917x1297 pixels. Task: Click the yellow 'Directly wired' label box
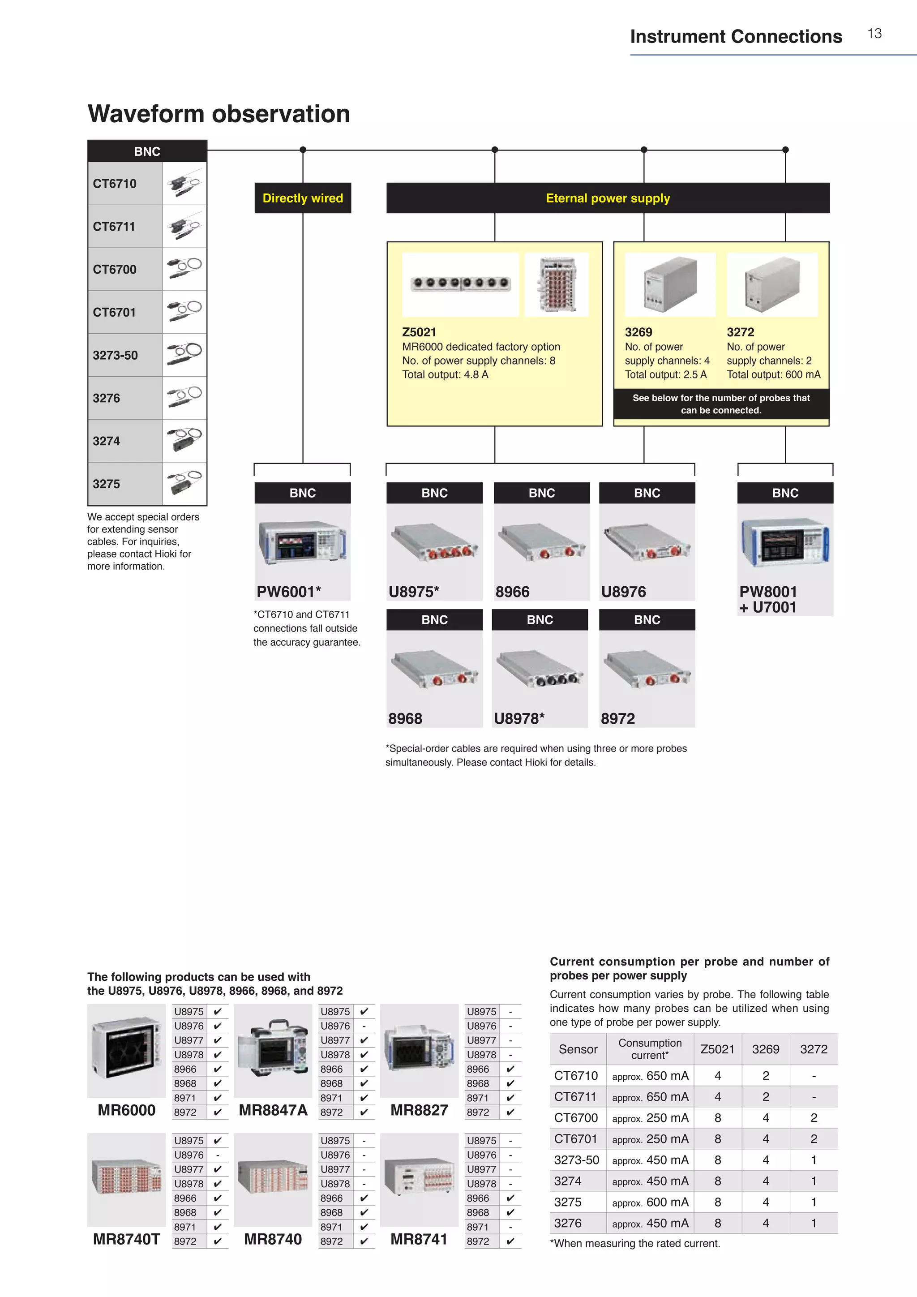tap(303, 198)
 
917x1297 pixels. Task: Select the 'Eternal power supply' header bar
tap(608, 198)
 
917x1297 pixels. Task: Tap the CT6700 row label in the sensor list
tap(115, 270)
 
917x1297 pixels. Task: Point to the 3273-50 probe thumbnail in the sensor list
tap(184, 355)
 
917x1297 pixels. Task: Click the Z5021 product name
tap(419, 332)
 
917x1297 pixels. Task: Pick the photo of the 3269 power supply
tap(670, 284)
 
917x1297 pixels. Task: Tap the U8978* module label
tap(519, 718)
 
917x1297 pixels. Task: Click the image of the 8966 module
tap(541, 542)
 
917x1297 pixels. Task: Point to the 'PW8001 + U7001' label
tap(768, 599)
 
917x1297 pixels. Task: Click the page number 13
tap(874, 34)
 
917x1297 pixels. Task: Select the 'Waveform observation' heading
tap(219, 114)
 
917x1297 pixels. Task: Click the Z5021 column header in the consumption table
tap(717, 1049)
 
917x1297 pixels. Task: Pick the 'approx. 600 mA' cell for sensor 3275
tap(650, 1202)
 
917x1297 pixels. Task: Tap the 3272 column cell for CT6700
tap(813, 1118)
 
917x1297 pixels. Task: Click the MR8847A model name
tap(273, 1110)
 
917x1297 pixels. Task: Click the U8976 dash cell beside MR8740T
tap(218, 1155)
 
